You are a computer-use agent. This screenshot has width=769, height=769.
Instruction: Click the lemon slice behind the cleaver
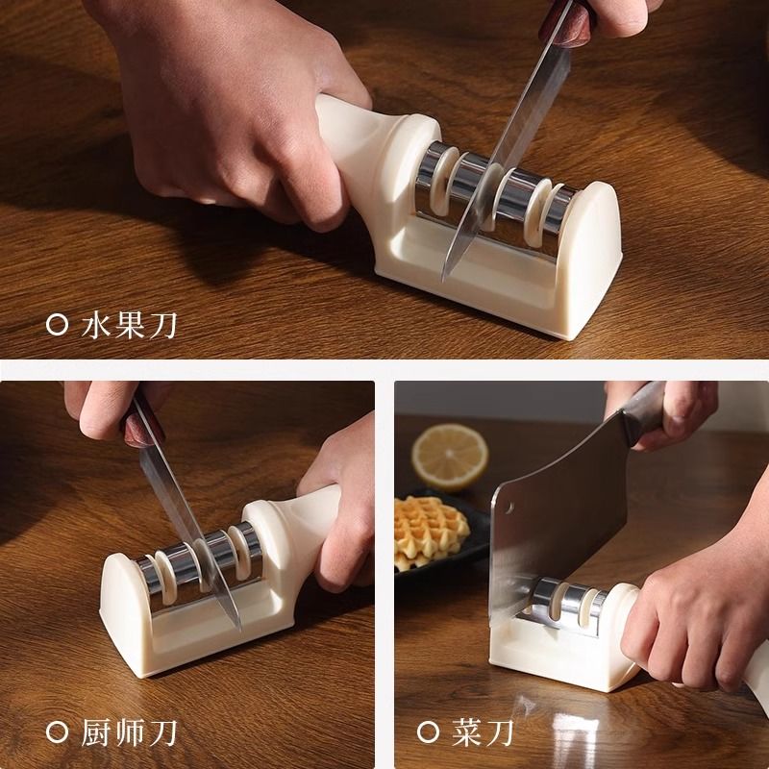click(x=450, y=458)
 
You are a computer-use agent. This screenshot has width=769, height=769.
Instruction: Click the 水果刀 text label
click(x=129, y=326)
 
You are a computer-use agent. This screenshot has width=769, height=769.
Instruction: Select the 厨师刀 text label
click(x=129, y=733)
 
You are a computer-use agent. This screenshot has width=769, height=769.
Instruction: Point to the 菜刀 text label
click(x=483, y=732)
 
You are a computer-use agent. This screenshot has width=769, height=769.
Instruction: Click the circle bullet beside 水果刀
click(x=57, y=325)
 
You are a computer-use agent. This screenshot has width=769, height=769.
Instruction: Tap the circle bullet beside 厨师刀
click(x=57, y=732)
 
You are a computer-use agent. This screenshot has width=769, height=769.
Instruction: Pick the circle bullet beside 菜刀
click(x=428, y=732)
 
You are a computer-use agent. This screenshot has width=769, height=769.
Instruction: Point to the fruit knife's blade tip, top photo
click(x=444, y=281)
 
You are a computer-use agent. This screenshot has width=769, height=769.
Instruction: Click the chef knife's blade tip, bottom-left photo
click(x=239, y=630)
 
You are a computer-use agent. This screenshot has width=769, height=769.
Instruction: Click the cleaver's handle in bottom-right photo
click(x=646, y=413)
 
